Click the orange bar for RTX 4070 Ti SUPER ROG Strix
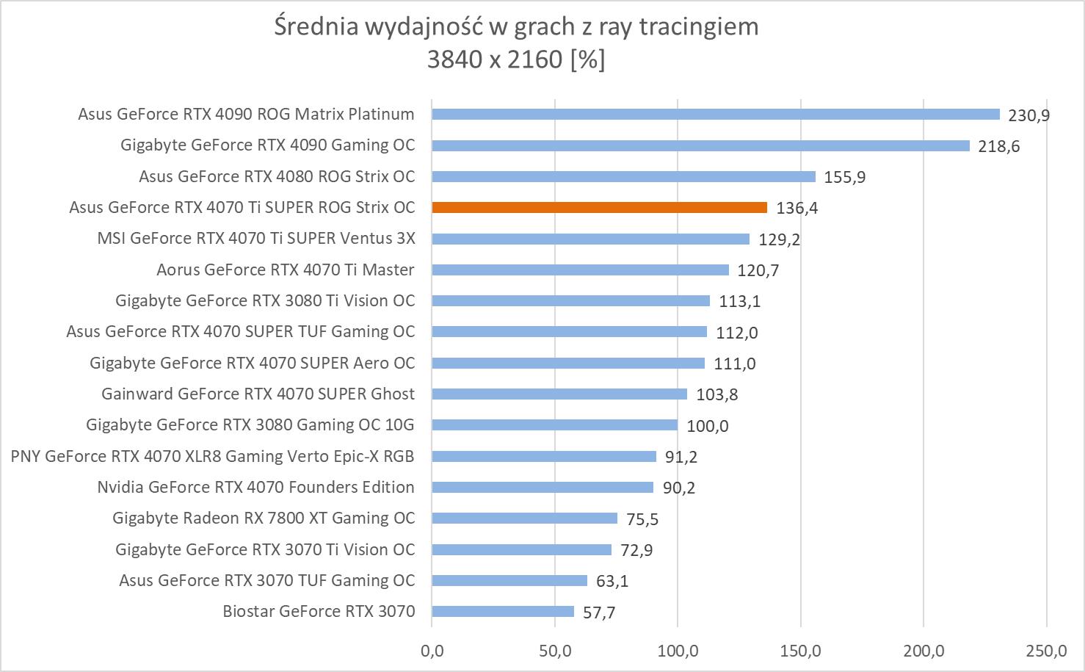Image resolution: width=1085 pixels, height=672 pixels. pos(599,208)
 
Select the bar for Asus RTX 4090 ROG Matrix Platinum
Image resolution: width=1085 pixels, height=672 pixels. pos(716,115)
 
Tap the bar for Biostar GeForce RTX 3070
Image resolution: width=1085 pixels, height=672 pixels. pos(503,612)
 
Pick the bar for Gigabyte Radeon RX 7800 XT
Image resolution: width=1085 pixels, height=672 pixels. pos(524,519)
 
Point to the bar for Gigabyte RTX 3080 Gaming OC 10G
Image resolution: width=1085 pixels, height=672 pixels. pos(554,425)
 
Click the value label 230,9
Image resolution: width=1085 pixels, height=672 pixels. pos(1029,115)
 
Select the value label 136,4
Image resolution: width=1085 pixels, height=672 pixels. pos(796,209)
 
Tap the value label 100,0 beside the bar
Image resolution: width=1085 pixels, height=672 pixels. pos(708,426)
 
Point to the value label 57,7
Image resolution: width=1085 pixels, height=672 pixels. pos(599,613)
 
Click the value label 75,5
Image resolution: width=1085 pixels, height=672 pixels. pos(642,519)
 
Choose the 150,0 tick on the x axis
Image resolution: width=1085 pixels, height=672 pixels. pos(801,650)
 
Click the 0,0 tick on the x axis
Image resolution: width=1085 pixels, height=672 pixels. pos(432,650)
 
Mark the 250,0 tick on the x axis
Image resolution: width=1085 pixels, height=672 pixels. pos(1047,650)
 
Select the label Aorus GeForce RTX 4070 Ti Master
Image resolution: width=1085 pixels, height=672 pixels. pos(286,270)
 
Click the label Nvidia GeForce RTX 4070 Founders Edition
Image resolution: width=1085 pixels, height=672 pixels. pos(255,488)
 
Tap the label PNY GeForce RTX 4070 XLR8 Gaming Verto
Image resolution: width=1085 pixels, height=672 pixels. pos(213,457)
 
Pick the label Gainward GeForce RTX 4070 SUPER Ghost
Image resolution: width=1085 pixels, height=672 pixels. pos(258,394)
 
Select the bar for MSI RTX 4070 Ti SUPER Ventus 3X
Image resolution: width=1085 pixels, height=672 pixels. pos(590,239)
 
